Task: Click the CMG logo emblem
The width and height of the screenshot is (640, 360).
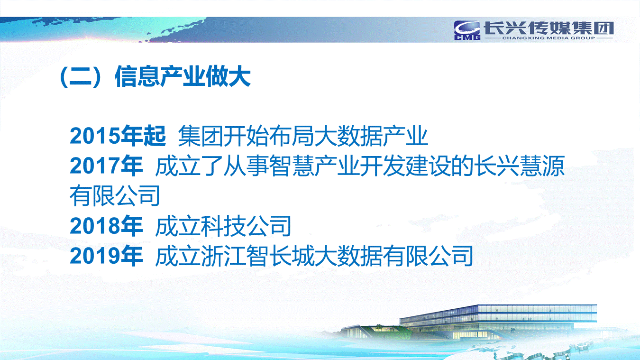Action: click(467, 30)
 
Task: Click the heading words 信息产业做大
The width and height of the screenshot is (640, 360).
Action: click(183, 76)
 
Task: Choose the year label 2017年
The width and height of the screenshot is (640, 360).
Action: click(106, 166)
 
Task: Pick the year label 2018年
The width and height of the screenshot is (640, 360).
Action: click(106, 226)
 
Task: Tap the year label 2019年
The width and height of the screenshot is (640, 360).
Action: click(106, 256)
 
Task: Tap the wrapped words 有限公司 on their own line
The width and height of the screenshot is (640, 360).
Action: click(115, 196)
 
